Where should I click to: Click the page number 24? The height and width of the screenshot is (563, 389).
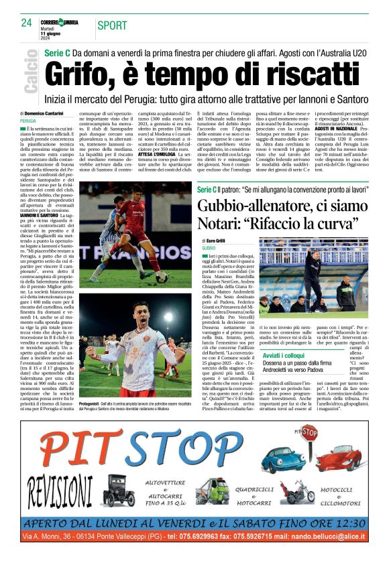pyautogui.click(x=27, y=23)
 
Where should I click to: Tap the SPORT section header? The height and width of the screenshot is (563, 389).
pyautogui.click(x=113, y=25)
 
